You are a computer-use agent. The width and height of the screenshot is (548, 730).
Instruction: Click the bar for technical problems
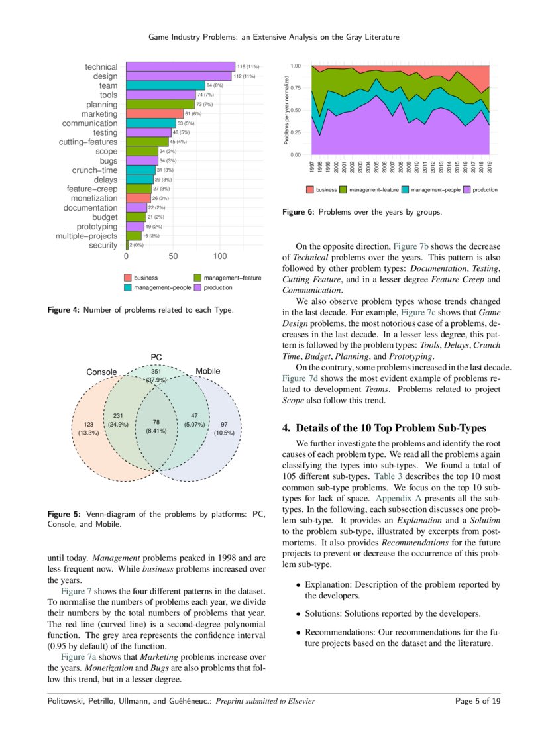click(180, 66)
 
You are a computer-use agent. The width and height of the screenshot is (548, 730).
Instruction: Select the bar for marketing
click(154, 114)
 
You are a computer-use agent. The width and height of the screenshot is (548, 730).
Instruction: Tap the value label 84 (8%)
click(217, 85)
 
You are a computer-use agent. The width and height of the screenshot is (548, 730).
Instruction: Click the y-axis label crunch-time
click(95, 170)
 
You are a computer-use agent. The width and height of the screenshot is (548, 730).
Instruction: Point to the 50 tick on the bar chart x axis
click(173, 256)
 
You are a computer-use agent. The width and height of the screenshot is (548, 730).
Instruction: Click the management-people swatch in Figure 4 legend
click(128, 288)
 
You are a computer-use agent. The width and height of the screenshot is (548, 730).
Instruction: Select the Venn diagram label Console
click(101, 372)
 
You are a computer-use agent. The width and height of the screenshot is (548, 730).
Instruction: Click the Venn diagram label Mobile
click(207, 371)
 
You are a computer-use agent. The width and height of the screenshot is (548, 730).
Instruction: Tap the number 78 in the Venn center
click(156, 422)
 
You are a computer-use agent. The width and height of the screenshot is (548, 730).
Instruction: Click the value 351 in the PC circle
click(156, 372)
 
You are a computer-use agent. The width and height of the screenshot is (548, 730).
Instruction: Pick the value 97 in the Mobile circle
click(225, 424)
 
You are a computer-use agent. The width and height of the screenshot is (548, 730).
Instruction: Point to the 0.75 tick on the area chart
click(296, 88)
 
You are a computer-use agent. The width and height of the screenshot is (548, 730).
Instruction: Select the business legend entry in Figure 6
click(322, 190)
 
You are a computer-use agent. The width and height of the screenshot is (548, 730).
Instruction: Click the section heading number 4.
click(286, 428)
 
